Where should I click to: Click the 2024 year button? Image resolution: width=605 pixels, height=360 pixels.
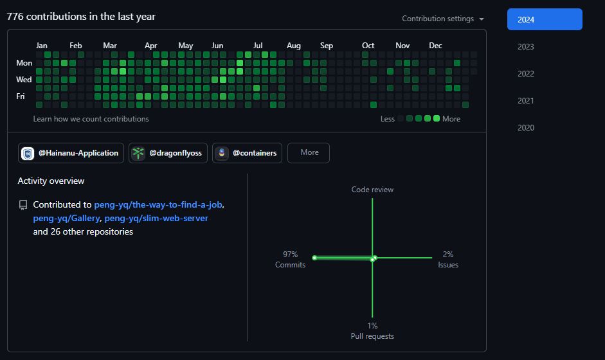click(x=544, y=19)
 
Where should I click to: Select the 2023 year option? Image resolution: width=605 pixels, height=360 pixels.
click(x=526, y=47)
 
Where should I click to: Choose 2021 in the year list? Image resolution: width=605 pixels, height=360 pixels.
click(x=526, y=101)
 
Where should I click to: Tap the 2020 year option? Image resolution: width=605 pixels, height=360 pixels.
click(x=526, y=128)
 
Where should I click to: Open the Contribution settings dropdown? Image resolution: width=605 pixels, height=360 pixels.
click(x=443, y=19)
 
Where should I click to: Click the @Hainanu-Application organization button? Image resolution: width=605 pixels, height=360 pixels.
click(x=71, y=153)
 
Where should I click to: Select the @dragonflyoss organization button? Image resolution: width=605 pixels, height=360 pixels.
click(x=168, y=153)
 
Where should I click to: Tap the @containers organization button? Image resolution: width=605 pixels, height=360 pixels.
click(x=247, y=153)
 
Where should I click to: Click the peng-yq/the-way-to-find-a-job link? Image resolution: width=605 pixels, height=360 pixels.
click(x=159, y=204)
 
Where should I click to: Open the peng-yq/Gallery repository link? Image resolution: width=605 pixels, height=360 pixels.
click(x=66, y=219)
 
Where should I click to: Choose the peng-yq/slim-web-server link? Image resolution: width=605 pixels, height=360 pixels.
click(x=156, y=219)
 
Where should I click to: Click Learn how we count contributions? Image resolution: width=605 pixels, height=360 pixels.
click(x=91, y=119)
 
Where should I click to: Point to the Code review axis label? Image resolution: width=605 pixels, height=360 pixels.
click(x=372, y=190)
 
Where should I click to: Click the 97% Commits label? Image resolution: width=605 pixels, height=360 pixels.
click(x=290, y=260)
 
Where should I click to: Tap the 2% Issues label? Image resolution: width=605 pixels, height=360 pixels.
click(x=448, y=260)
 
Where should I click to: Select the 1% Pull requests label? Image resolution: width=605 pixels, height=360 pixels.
click(x=372, y=331)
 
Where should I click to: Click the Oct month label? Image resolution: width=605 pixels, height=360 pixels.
click(x=368, y=46)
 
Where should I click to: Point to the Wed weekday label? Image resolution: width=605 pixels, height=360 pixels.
click(x=24, y=80)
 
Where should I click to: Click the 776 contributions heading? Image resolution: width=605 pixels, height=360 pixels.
click(x=81, y=17)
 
